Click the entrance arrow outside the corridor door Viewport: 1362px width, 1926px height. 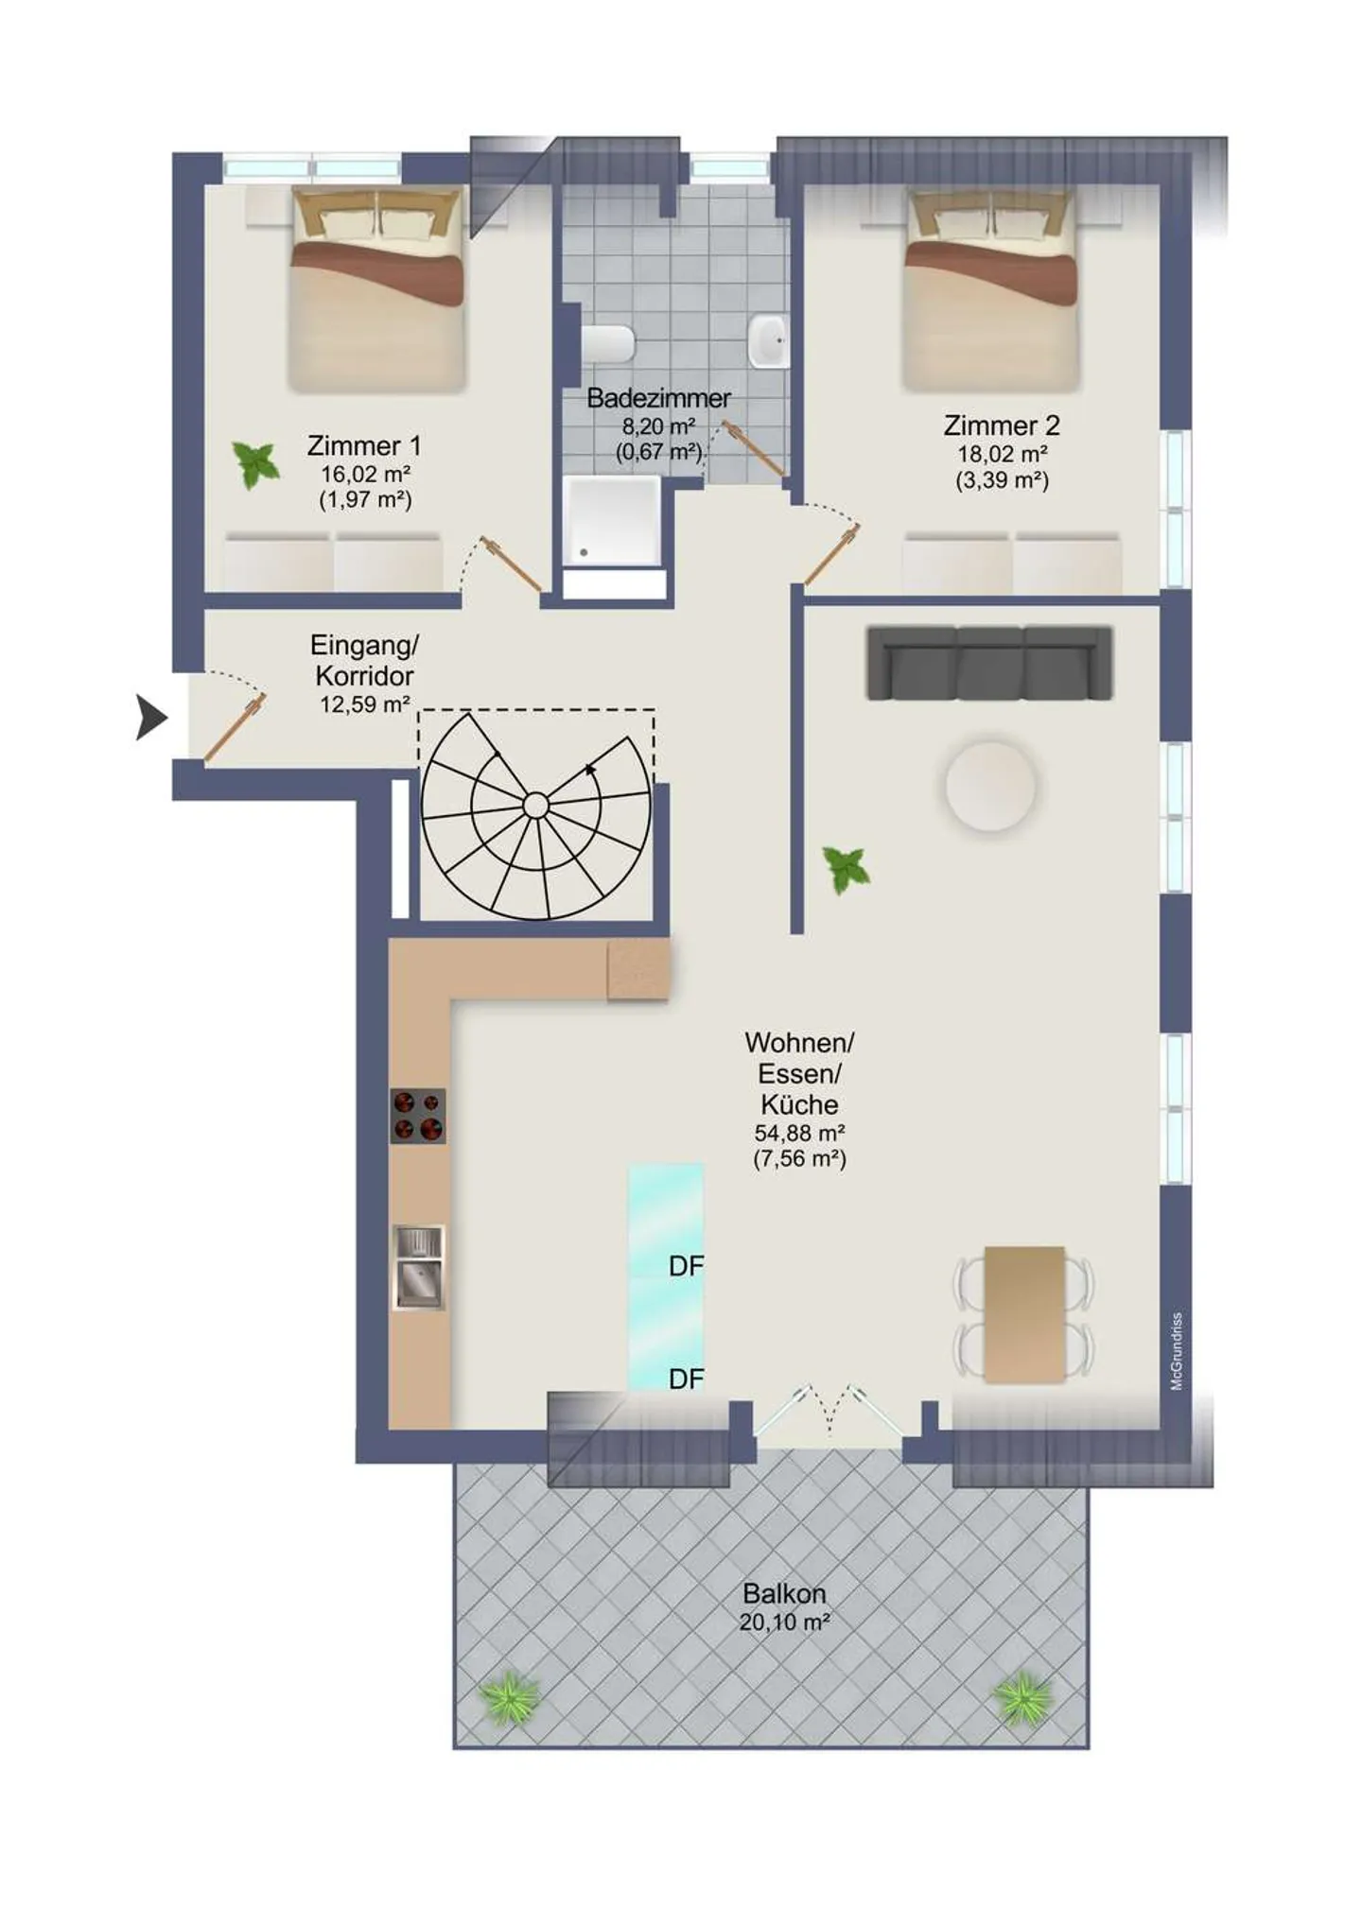(x=151, y=717)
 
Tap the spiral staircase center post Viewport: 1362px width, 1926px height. (x=535, y=806)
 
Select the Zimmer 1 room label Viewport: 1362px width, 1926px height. (x=364, y=445)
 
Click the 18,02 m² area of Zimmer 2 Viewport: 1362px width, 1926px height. (x=1002, y=454)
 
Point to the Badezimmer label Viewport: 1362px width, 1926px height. (x=658, y=398)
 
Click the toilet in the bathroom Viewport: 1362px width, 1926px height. (x=607, y=343)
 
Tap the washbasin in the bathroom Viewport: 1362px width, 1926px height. (x=768, y=341)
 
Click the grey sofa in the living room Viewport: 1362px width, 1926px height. (x=989, y=663)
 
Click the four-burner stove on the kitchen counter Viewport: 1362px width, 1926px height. (x=418, y=1116)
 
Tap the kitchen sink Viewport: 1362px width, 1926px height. (x=418, y=1267)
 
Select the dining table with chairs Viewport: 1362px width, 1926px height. (x=1024, y=1314)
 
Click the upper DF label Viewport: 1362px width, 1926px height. (x=686, y=1266)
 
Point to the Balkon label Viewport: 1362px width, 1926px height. (x=784, y=1593)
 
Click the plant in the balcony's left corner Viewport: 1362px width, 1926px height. (x=511, y=1697)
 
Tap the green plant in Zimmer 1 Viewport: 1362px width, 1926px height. (x=255, y=464)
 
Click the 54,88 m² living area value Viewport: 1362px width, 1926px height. (x=799, y=1133)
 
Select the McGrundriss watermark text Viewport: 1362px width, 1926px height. (x=1177, y=1351)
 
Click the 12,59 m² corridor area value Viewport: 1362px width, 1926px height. (x=364, y=704)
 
